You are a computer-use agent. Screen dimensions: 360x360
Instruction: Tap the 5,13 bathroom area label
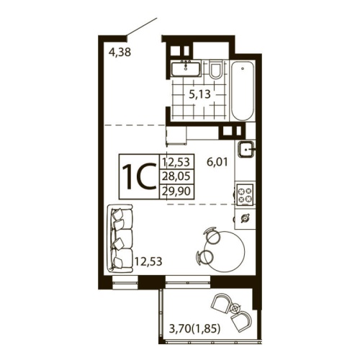click(199, 94)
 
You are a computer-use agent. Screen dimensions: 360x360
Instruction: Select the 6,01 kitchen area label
click(217, 163)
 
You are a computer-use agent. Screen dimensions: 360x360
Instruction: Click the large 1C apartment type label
click(139, 176)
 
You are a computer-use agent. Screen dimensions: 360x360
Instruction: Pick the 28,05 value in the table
click(179, 176)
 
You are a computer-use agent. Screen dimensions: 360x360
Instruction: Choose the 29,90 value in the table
click(179, 190)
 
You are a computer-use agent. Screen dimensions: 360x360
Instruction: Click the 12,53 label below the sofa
click(147, 260)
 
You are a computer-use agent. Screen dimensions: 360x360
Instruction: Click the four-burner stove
click(246, 193)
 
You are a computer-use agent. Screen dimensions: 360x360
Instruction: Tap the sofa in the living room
click(120, 237)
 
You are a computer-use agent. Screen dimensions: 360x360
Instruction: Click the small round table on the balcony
click(235, 307)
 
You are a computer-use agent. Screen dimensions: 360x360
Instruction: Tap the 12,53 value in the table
click(179, 162)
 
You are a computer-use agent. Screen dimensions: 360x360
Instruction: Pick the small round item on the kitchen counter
click(246, 217)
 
